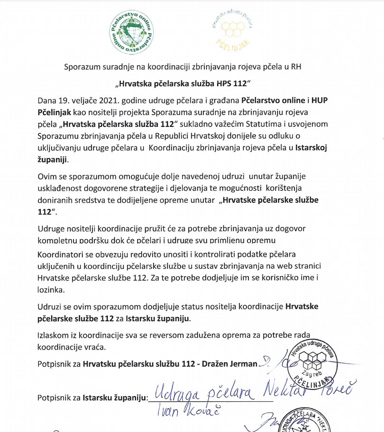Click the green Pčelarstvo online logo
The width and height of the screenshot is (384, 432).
tap(129, 32)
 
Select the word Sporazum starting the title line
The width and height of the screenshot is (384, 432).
tap(82, 67)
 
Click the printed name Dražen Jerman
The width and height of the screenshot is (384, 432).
tap(229, 364)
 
